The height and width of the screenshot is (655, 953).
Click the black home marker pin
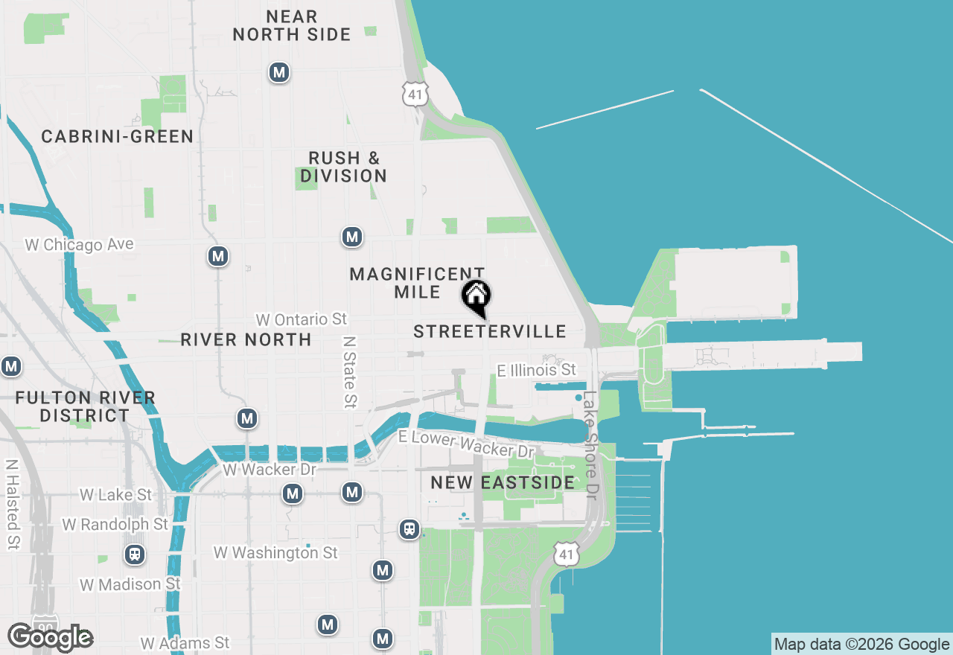click(x=476, y=296)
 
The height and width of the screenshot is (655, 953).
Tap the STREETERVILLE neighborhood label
click(x=490, y=331)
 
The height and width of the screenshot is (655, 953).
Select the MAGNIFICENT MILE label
click(x=417, y=283)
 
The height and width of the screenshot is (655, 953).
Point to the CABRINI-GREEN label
click(x=118, y=137)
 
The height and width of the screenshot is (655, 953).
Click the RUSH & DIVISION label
click(x=344, y=167)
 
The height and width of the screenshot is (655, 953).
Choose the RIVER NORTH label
click(x=246, y=339)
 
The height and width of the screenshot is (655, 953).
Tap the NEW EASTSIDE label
click(x=503, y=482)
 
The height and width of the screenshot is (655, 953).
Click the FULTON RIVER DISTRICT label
click(x=86, y=406)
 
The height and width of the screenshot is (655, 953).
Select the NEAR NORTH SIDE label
click(x=292, y=25)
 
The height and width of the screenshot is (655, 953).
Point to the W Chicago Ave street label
click(x=79, y=244)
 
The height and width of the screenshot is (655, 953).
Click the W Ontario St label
click(x=302, y=319)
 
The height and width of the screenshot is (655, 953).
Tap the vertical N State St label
click(x=349, y=371)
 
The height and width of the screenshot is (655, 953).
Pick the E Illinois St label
click(x=537, y=370)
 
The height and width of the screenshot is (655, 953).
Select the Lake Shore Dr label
click(x=590, y=446)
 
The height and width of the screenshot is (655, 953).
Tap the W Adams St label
click(x=185, y=642)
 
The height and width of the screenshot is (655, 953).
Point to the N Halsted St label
click(x=12, y=503)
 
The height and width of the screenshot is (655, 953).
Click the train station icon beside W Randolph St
click(x=135, y=555)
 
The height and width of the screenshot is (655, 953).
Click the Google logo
click(x=50, y=637)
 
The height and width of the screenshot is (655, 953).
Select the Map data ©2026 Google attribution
click(x=861, y=644)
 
